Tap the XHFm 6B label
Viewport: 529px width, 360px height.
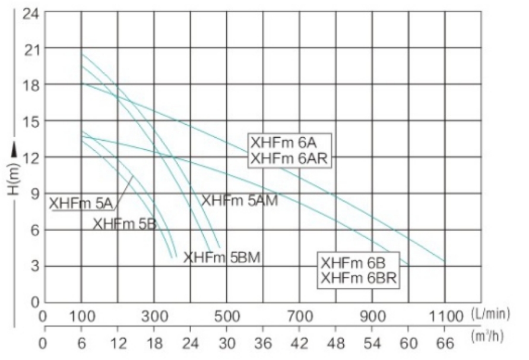point(354,263)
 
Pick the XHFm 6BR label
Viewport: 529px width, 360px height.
point(358,278)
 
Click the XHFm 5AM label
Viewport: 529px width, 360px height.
point(240,201)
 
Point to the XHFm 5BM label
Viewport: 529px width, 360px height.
point(223,258)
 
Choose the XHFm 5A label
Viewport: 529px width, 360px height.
point(81,203)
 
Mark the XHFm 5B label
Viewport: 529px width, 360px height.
point(124,224)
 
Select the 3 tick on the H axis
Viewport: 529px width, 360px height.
point(33,266)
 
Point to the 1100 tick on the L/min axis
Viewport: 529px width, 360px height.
point(444,315)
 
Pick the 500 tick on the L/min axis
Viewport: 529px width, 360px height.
point(227,315)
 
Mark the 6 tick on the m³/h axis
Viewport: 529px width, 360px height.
point(81,343)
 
